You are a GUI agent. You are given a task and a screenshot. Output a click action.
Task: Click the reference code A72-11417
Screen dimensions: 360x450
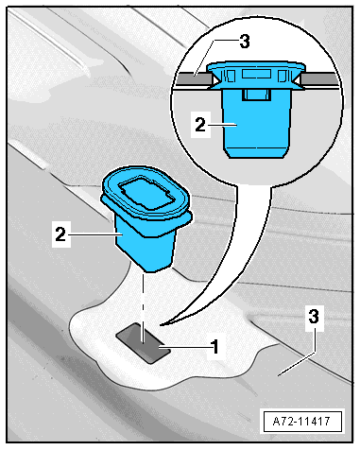[x=301, y=421]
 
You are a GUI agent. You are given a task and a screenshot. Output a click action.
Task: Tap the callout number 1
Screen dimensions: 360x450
[x=214, y=347]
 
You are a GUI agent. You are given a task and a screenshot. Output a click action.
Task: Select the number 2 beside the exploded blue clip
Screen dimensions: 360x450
[x=60, y=234]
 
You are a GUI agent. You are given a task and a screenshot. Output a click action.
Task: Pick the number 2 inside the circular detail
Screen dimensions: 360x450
[x=200, y=125]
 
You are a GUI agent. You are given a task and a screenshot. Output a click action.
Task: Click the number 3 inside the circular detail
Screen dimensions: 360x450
[x=245, y=42]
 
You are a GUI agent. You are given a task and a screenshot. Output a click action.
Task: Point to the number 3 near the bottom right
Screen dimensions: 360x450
[x=314, y=317]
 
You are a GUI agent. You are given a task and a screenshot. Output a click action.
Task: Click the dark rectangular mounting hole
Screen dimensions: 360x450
[x=144, y=343]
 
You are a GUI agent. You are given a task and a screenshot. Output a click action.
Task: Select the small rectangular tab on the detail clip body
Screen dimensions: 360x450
[x=257, y=95]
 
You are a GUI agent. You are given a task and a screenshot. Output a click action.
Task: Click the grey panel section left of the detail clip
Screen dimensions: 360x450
[x=194, y=78]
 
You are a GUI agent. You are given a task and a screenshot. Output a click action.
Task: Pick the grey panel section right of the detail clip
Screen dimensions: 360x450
[x=318, y=78]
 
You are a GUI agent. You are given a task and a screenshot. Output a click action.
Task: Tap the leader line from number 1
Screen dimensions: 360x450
[x=184, y=348]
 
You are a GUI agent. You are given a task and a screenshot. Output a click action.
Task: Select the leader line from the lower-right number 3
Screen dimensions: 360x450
[x=296, y=363]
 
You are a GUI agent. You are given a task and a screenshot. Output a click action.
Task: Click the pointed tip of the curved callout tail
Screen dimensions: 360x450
[x=161, y=324]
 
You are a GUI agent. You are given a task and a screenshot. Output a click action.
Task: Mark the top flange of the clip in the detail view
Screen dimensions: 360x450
[x=256, y=66]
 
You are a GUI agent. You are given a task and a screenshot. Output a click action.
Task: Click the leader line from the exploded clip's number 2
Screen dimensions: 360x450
[x=94, y=234]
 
